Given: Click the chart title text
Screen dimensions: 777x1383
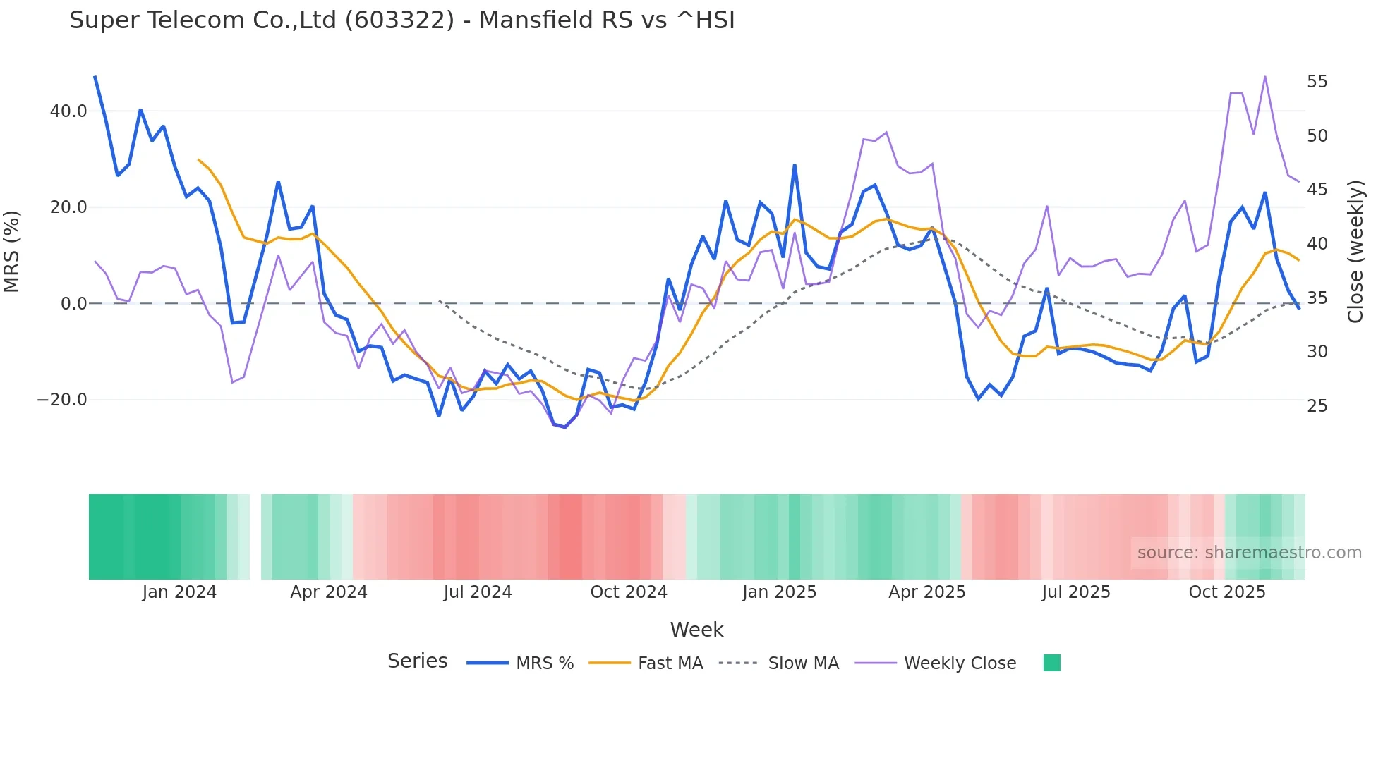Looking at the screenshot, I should [x=401, y=20].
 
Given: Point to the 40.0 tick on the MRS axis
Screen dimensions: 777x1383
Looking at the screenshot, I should [x=68, y=111].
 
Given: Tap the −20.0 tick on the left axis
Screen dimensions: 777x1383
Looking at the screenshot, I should [x=62, y=400].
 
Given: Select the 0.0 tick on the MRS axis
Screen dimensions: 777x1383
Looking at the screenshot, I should [x=73, y=304].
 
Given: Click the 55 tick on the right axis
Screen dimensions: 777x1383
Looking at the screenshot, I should [x=1317, y=82].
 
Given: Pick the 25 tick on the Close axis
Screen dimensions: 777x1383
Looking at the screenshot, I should [x=1317, y=405].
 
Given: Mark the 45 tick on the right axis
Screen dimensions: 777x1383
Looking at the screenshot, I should [x=1317, y=190].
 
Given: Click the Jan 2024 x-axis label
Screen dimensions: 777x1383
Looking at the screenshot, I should [x=179, y=592].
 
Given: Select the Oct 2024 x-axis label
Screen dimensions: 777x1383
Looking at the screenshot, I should [x=628, y=592].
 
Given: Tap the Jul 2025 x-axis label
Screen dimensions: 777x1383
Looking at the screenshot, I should [x=1075, y=592].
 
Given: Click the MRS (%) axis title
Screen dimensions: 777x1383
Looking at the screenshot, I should [x=11, y=252].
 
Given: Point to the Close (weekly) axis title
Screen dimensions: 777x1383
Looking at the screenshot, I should [x=1355, y=252].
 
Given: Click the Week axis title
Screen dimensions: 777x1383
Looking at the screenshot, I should [x=696, y=630].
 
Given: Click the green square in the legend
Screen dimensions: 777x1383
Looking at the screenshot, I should [x=1051, y=663].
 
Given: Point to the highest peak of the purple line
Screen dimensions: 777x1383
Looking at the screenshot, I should [x=1265, y=76].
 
